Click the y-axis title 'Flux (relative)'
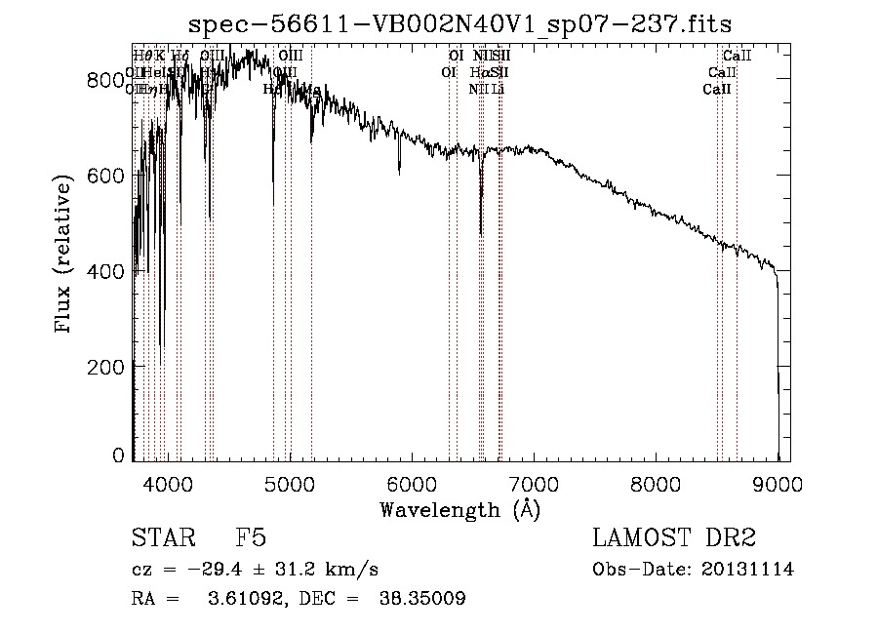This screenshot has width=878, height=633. [65, 256]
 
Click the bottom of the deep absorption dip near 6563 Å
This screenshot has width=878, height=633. [481, 233]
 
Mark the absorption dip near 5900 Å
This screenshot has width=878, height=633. [399, 172]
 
